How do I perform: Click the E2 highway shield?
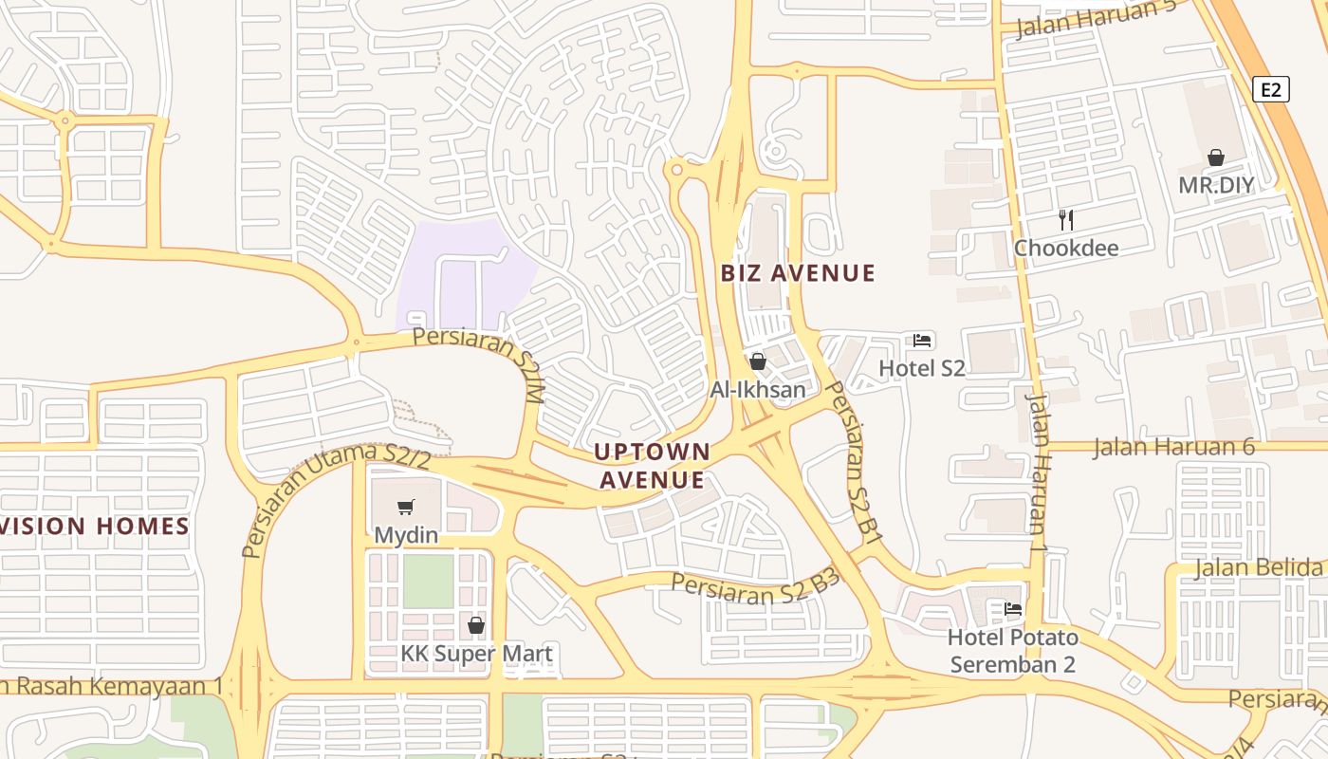(x=1271, y=90)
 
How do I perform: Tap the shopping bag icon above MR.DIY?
(x=1215, y=157)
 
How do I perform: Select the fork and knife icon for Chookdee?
(x=1066, y=220)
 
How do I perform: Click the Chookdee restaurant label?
(x=1066, y=249)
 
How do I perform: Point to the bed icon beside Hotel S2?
(x=922, y=340)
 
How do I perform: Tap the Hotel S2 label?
(x=922, y=368)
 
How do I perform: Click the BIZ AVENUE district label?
(x=798, y=273)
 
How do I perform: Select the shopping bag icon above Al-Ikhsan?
(x=757, y=361)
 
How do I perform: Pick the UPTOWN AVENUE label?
(x=652, y=465)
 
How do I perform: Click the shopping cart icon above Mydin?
(x=406, y=508)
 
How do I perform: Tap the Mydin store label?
(x=406, y=535)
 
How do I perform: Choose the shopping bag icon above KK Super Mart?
(x=476, y=625)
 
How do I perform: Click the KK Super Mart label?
(x=476, y=654)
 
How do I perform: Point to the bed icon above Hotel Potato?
(x=1013, y=609)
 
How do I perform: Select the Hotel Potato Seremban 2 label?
(x=1013, y=650)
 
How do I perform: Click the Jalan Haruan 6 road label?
(x=1173, y=447)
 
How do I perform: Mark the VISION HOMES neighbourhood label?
(x=95, y=526)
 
